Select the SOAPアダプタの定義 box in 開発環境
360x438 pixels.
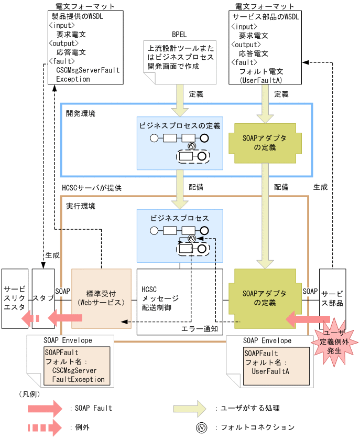pyautogui.click(x=265, y=143)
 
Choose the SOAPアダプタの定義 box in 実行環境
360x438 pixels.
pyautogui.click(x=265, y=298)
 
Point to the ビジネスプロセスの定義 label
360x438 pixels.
pyautogui.click(x=180, y=126)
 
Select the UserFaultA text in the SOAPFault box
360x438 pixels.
pyautogui.click(x=270, y=371)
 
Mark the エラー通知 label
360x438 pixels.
pyautogui.click(x=200, y=329)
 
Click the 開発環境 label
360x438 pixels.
pyautogui.click(x=81, y=113)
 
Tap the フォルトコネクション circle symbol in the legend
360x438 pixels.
pyautogui.click(x=201, y=428)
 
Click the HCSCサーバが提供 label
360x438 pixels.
pyautogui.click(x=89, y=187)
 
